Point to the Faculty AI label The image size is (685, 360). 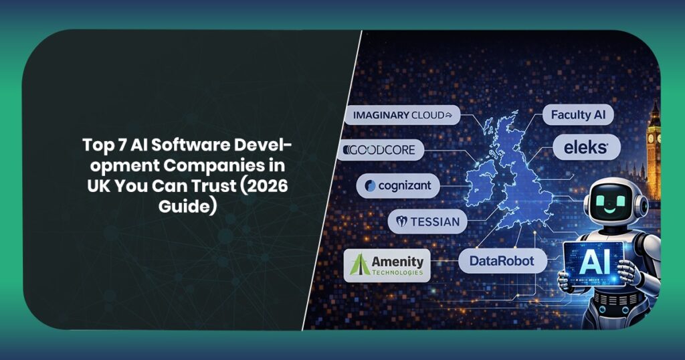coord(577,115)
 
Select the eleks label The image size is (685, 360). coord(587,149)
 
